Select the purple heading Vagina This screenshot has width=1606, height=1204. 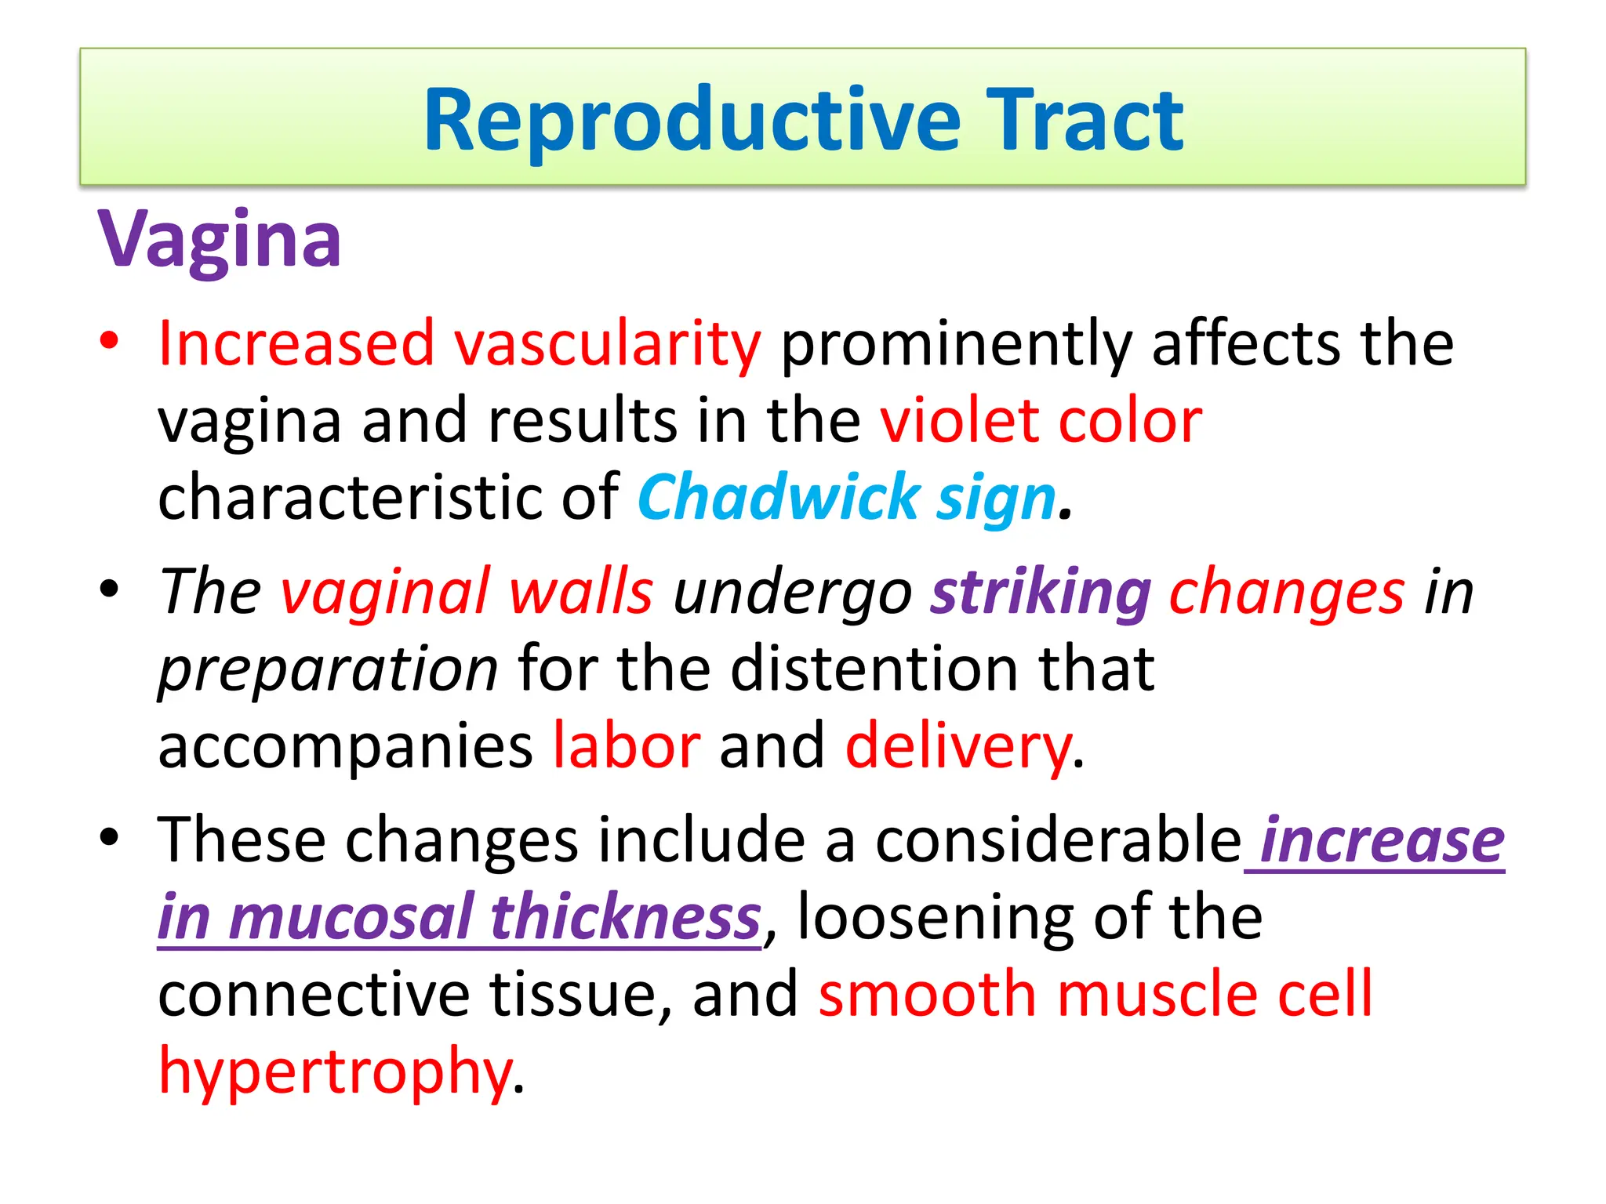pos(220,240)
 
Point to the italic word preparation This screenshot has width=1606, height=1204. pos(328,670)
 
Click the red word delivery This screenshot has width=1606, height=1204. pos(957,746)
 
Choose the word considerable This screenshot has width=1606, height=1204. pos(1058,840)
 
